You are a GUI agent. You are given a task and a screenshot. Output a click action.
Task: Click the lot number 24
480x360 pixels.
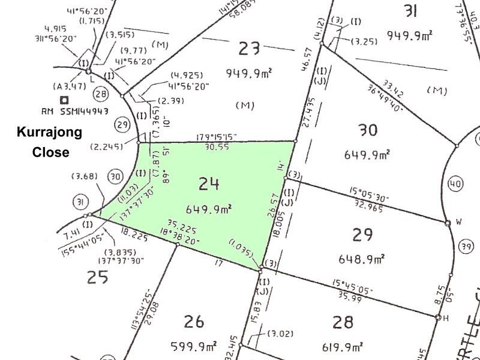pyautogui.click(x=209, y=185)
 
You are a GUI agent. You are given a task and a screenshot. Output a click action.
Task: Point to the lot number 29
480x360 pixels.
pyautogui.click(x=363, y=235)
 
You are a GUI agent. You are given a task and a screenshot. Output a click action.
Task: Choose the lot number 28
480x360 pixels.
pyautogui.click(x=343, y=322)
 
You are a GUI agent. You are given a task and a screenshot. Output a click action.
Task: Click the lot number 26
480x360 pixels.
pyautogui.click(x=196, y=322)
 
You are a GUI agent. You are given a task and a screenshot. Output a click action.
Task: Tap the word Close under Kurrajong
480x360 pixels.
pyautogui.click(x=50, y=152)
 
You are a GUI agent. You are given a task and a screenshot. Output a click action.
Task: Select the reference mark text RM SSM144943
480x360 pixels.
pyautogui.click(x=74, y=112)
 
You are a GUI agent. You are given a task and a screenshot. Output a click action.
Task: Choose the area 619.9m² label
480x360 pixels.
pyautogui.click(x=344, y=346)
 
